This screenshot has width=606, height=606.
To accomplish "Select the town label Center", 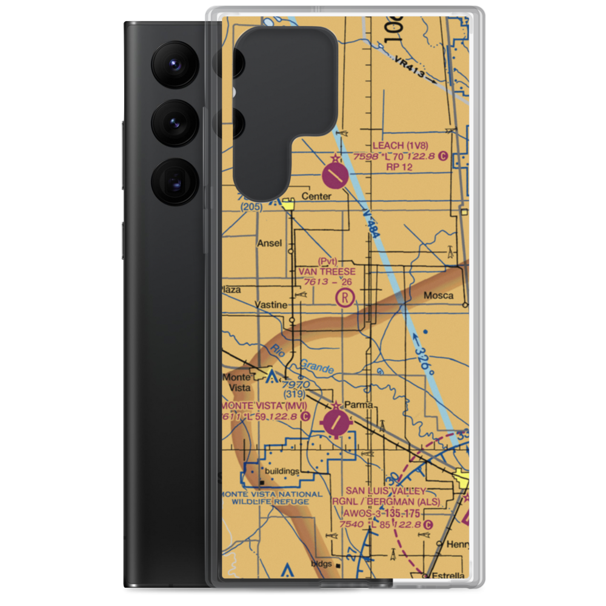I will pos(316,196).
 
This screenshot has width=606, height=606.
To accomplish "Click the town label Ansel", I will pos(270,243).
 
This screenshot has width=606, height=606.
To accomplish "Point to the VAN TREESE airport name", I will pos(327,271).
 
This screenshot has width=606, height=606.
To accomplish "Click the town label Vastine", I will pos(270,305).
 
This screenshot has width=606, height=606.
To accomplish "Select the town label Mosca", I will pos(438,296).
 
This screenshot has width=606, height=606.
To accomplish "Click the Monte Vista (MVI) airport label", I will pos(264,405).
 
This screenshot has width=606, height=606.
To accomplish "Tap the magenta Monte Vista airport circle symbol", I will pos(336,422).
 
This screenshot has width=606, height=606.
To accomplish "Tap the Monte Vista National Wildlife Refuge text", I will pos(267,497).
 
